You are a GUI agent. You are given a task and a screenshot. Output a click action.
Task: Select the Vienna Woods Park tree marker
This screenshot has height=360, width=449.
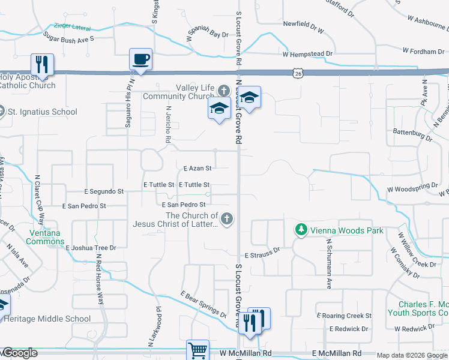(301, 229)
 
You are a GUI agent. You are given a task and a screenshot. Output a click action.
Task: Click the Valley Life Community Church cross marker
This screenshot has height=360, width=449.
(223, 91)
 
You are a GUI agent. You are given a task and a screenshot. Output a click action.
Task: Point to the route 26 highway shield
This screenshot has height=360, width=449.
(298, 73)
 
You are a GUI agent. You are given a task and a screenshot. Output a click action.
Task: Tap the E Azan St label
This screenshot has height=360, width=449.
(195, 169)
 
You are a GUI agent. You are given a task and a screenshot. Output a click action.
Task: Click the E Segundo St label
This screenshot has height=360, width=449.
(104, 191)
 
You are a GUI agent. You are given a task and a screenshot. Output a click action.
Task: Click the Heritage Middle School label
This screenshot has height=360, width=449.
(47, 319)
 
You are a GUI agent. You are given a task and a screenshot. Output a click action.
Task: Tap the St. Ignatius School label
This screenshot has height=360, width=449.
(42, 112)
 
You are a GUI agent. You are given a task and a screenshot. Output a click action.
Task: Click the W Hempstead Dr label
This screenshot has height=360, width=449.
(307, 54)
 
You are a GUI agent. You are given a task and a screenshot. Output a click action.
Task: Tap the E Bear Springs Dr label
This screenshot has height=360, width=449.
(203, 304)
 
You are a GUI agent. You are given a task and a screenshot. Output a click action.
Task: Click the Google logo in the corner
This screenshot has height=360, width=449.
(20, 353)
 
